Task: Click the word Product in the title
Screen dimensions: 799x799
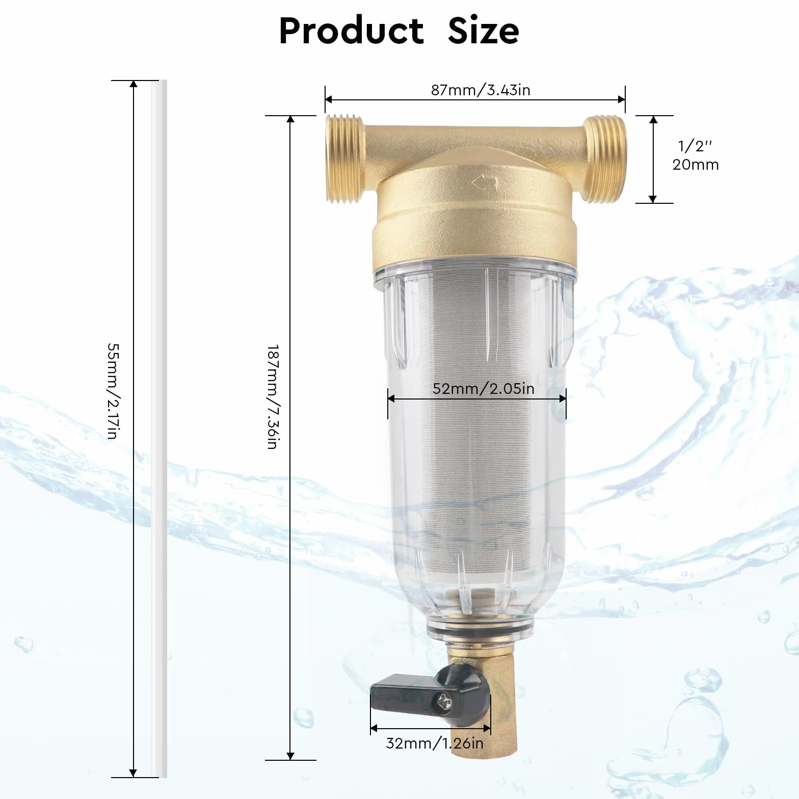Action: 351,31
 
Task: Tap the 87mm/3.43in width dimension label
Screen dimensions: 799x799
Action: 481,90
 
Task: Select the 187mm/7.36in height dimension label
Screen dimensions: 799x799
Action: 273,397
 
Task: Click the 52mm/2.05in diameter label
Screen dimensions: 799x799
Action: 484,388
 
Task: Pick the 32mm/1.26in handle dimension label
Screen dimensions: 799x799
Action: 435,743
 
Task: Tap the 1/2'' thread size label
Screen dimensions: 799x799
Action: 695,146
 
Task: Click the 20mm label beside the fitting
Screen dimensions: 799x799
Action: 696,165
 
